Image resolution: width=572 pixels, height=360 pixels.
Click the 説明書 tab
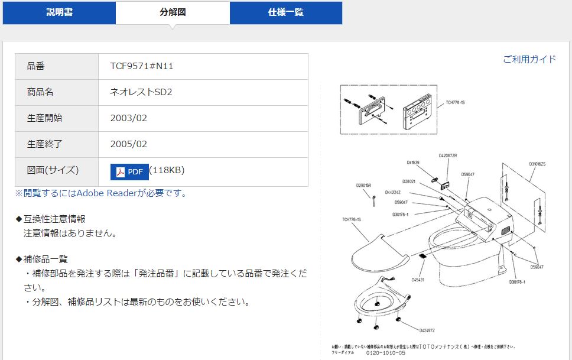pos(59,12)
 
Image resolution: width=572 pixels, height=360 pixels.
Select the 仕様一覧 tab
pos(286,12)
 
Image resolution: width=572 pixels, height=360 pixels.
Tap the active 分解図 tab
pos(173,12)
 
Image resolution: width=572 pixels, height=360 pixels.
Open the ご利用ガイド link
pos(529,59)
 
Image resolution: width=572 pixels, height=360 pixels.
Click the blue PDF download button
pos(129,171)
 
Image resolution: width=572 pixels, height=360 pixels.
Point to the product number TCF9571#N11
pos(142,66)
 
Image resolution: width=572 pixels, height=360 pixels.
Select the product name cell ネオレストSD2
pos(141,92)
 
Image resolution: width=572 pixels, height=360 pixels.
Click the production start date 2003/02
pos(129,118)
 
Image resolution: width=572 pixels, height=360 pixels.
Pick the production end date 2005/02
pos(129,144)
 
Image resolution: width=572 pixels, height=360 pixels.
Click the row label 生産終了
pos(45,144)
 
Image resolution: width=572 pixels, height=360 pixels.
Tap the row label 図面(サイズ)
pos(53,170)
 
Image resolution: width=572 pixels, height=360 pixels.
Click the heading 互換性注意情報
pos(54,219)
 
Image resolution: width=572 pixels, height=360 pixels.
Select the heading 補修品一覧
pos(45,259)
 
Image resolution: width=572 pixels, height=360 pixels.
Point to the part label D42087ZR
pos(447,155)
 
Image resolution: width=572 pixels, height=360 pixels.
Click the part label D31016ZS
pos(537,164)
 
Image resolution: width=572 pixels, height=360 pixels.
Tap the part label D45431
pos(418,280)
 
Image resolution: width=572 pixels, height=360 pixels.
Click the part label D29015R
pos(363,186)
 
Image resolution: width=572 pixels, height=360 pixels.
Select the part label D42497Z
pos(427,330)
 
